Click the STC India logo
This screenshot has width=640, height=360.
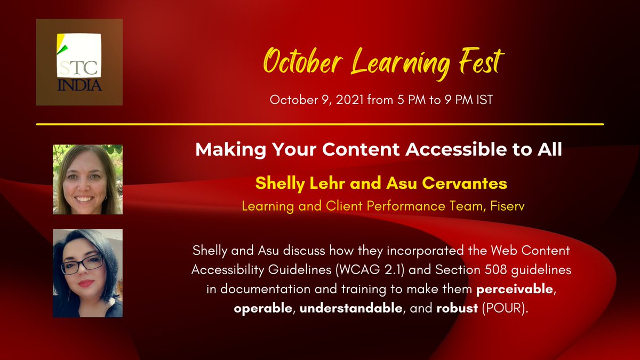click(x=79, y=62)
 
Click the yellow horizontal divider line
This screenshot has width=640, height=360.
click(x=320, y=124)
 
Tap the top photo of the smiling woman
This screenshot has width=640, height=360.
click(x=87, y=179)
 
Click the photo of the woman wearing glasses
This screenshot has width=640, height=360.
click(x=87, y=273)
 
